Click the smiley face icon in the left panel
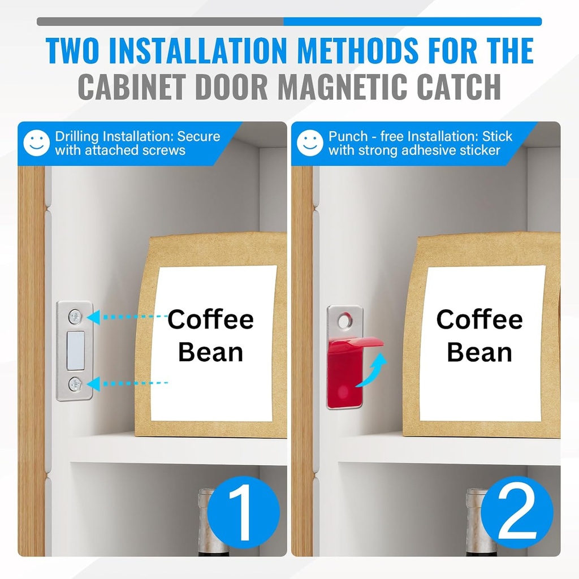pyautogui.click(x=36, y=143)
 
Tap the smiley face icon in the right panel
pyautogui.click(x=310, y=143)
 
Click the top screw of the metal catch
pyautogui.click(x=75, y=317)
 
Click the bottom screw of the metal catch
pyautogui.click(x=75, y=384)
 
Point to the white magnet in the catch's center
pyautogui.click(x=75, y=351)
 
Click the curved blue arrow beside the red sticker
pyautogui.click(x=373, y=370)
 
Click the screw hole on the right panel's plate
pyautogui.click(x=344, y=321)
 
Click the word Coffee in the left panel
pyautogui.click(x=210, y=319)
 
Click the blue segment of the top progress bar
pyautogui.click(x=412, y=21)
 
